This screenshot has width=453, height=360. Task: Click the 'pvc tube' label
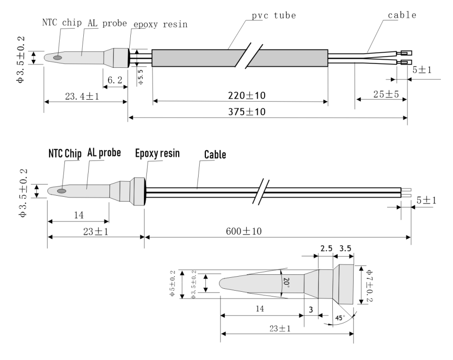274,16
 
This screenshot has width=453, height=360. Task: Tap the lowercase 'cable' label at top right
402,15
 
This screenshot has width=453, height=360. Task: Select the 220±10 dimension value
247,95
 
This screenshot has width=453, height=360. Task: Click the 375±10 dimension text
247,111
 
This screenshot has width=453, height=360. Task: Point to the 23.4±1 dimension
82,96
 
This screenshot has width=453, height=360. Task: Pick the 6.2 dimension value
115,80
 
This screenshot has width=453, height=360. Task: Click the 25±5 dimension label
386,94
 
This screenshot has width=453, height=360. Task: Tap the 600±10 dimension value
244,231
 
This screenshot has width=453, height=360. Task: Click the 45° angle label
340,318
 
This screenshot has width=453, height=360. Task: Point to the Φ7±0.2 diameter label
370,285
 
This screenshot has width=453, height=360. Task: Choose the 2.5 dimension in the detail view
327,249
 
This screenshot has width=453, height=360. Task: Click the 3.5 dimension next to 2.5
345,249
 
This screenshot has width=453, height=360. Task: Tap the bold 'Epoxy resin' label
157,154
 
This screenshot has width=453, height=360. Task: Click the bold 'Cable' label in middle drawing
215,155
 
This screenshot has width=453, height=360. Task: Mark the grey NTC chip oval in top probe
58,58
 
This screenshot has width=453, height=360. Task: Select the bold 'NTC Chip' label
65,154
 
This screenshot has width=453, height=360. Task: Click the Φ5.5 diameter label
141,77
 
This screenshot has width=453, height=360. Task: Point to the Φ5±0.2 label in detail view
173,283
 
